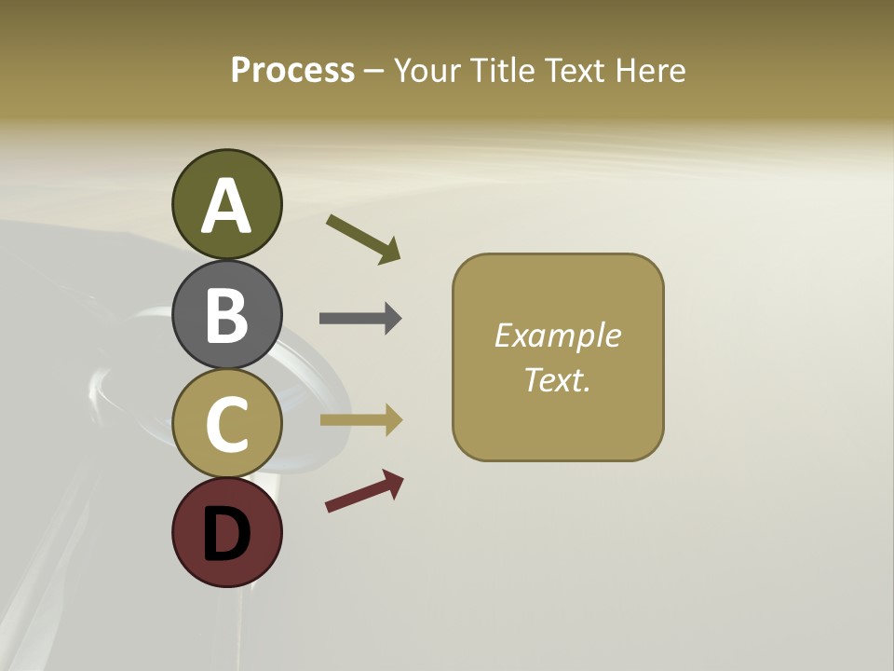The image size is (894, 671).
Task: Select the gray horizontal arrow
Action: pos(360,319)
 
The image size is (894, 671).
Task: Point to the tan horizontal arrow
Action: pos(360,420)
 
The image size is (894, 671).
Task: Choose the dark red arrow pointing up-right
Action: pos(364,491)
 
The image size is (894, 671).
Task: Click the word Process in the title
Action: pos(292,71)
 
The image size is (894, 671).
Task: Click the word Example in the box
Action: pos(557,335)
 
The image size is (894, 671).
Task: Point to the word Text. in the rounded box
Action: pos(557,379)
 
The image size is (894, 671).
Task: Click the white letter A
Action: pos(227,206)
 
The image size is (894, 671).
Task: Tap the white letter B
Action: pos(227,314)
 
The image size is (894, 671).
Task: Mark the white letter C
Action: pos(227,423)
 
